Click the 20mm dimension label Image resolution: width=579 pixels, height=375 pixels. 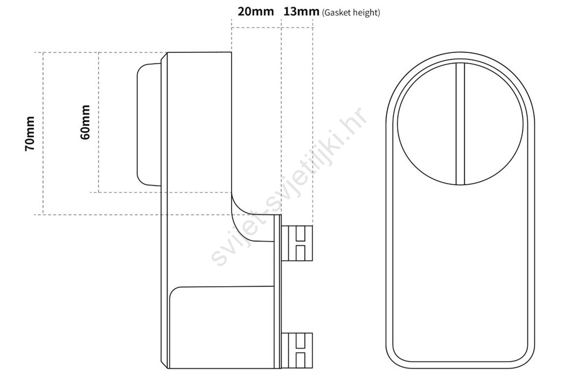tap(255, 11)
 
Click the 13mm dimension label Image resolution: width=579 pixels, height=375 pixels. tap(301, 11)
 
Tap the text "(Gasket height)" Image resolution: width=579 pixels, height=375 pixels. tap(351, 13)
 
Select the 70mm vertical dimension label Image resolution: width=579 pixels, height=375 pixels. tap(30, 134)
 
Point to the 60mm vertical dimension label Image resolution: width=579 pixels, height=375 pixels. tap(85, 122)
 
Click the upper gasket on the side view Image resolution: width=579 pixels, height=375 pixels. tap(297, 243)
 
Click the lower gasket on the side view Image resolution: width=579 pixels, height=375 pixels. tap(297, 350)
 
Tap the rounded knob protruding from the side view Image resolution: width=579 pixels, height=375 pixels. tap(149, 124)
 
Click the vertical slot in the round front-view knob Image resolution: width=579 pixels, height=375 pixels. tap(460, 124)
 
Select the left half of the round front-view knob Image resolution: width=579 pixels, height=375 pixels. tap(427, 124)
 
